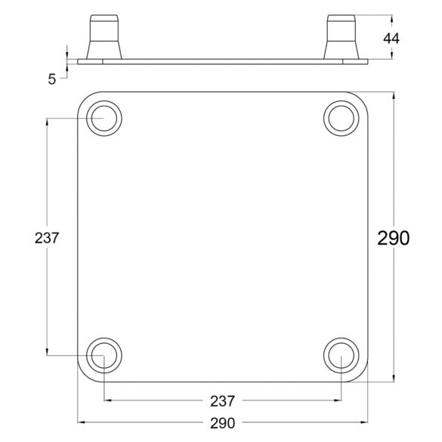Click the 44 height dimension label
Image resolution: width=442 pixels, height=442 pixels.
[x=391, y=39]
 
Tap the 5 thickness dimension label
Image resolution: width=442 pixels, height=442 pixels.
[x=52, y=79]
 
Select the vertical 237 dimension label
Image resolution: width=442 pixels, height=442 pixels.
[x=47, y=238]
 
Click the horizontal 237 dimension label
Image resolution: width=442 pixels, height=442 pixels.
[x=222, y=401]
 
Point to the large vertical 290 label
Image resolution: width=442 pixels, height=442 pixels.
[x=393, y=238]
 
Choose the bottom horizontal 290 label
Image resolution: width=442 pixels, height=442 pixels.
[x=222, y=423]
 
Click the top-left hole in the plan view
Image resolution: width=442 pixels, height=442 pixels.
[x=104, y=119]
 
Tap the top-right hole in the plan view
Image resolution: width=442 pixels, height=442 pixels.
[x=342, y=119]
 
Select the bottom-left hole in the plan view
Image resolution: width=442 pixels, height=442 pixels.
[x=104, y=355]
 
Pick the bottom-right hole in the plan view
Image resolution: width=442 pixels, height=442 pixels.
[x=342, y=355]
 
